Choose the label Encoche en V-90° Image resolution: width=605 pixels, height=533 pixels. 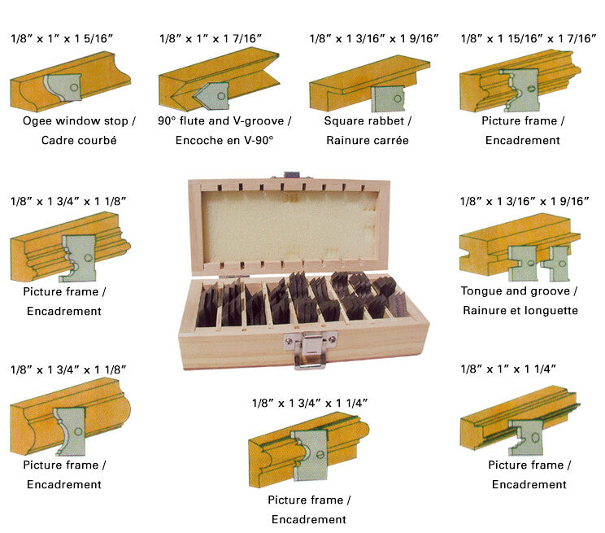[224, 140]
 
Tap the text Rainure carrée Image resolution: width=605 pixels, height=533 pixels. [368, 140]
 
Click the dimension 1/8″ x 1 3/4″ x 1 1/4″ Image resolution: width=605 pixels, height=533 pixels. [310, 402]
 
